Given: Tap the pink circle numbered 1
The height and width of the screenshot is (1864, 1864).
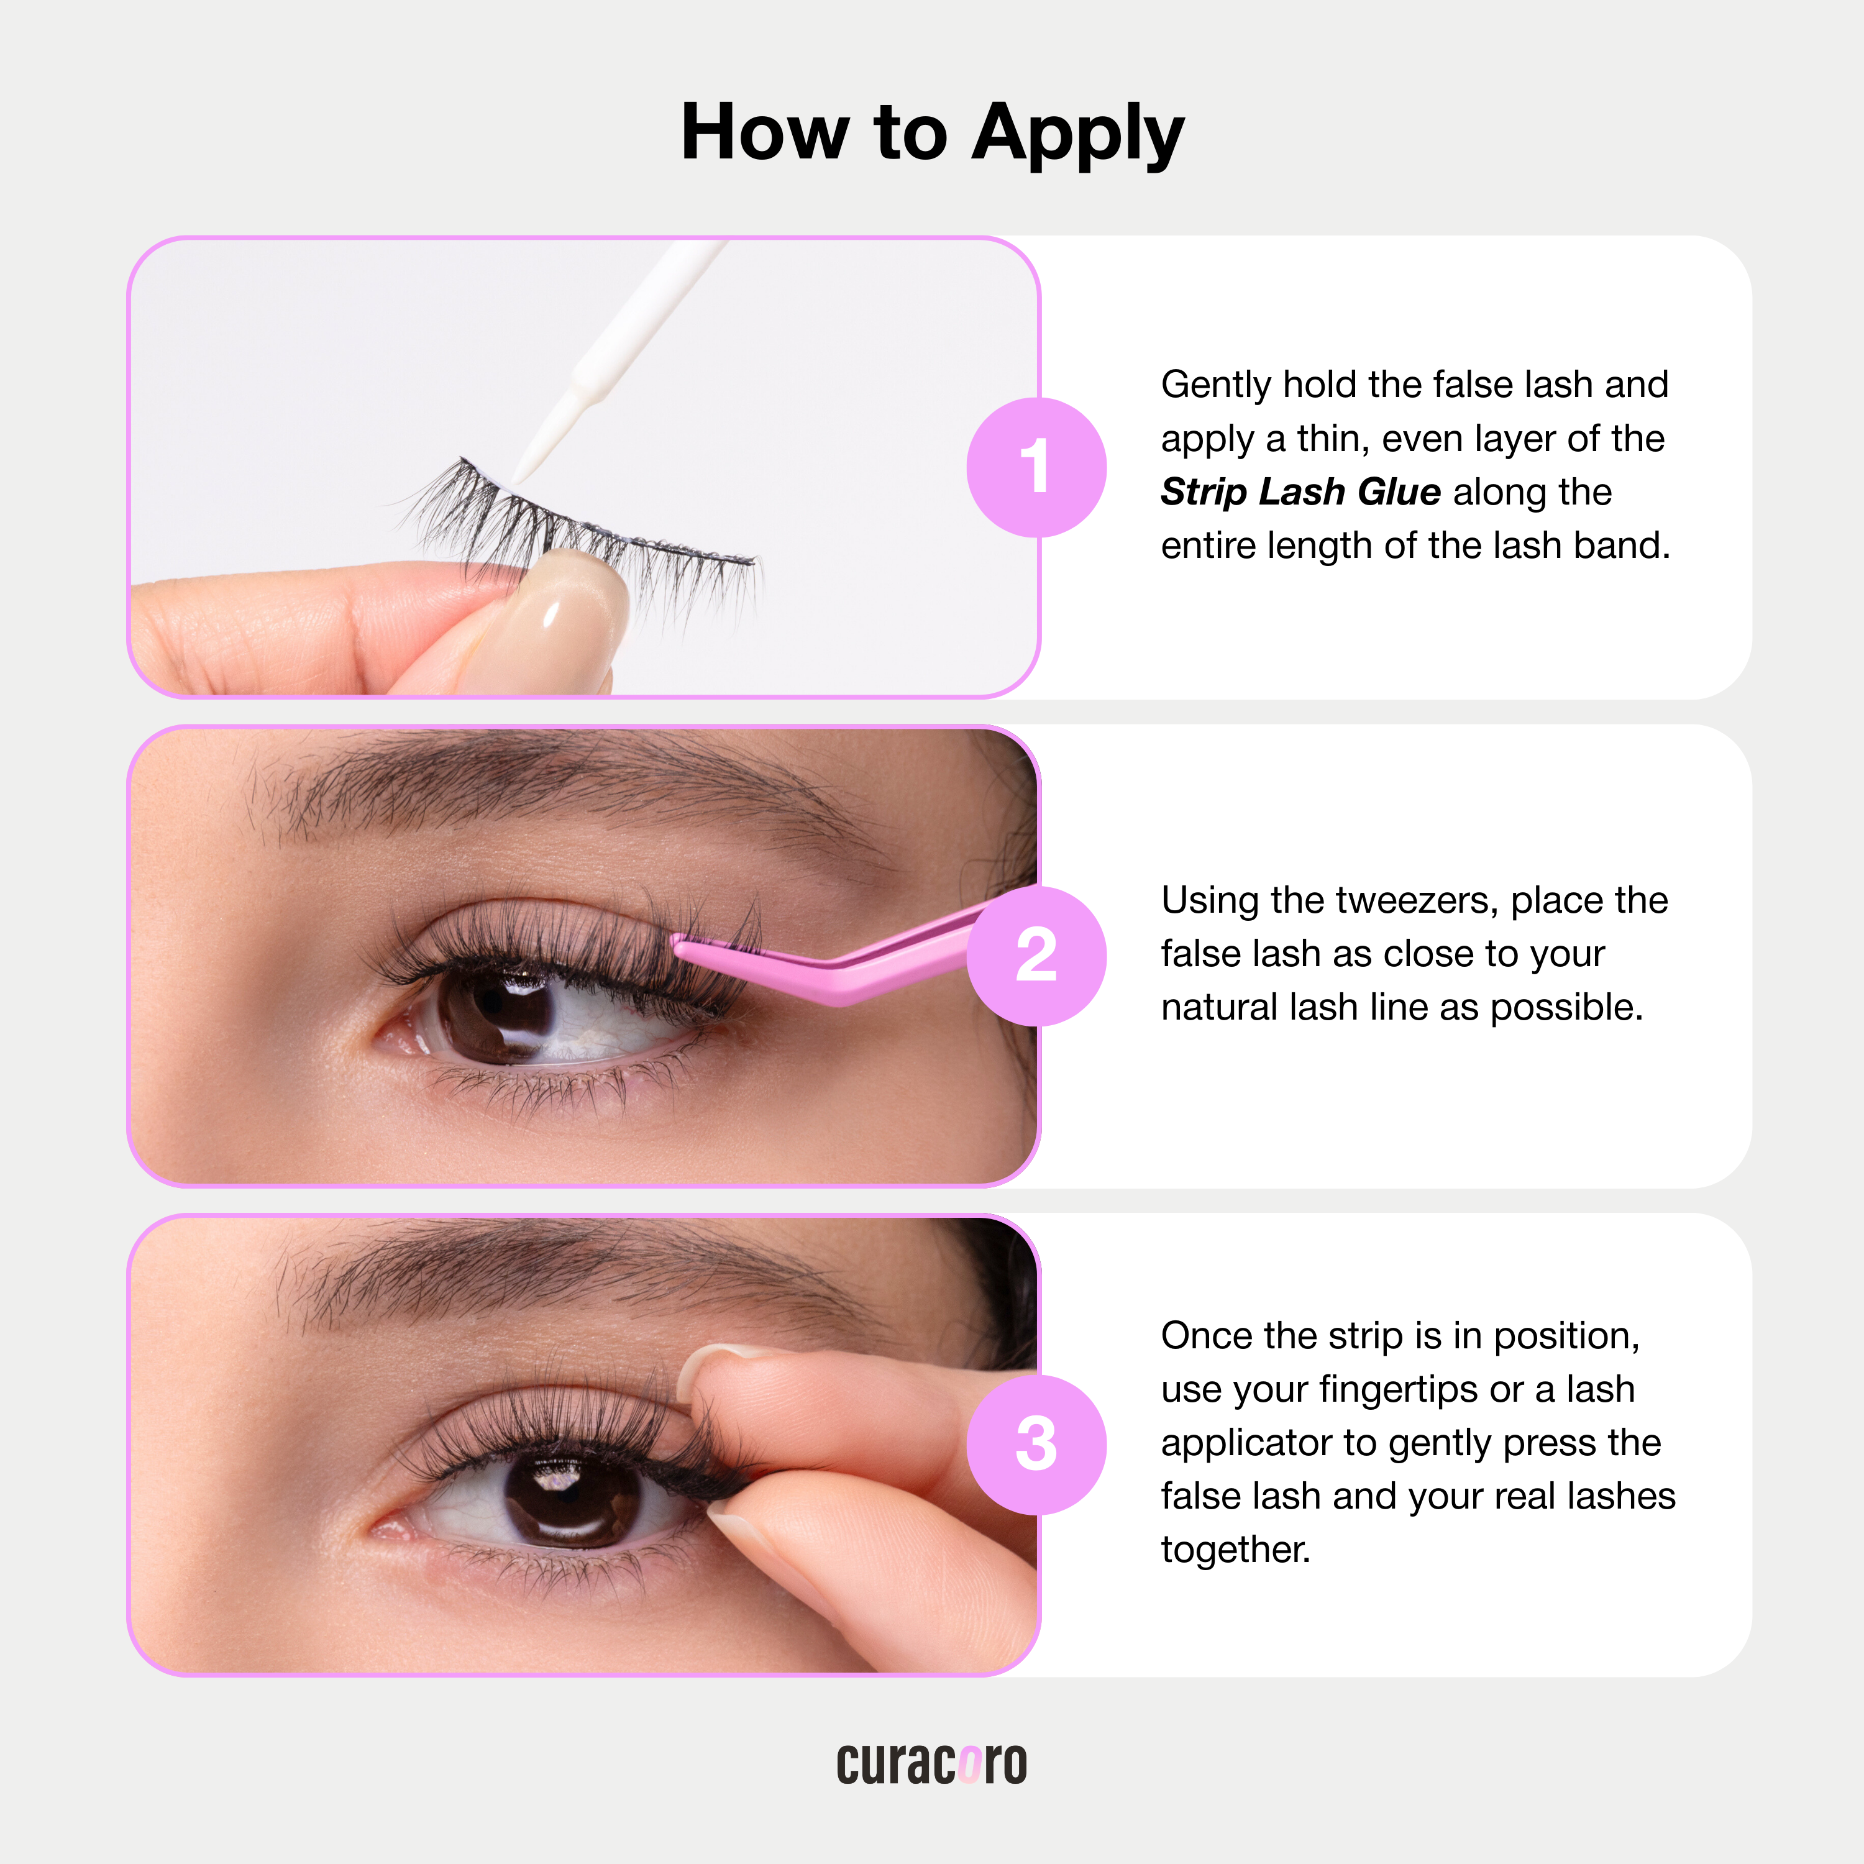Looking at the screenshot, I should (x=1036, y=467).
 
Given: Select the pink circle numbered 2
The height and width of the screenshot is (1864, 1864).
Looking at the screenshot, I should (x=1036, y=955).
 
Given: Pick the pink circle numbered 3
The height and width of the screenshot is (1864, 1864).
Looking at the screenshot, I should (x=1036, y=1445).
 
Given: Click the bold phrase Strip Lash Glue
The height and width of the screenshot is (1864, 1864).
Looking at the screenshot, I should (x=1300, y=492).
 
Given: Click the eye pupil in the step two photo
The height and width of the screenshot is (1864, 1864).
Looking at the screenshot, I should (x=501, y=1008).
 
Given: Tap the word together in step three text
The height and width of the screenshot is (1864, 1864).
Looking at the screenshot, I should (x=1235, y=1550).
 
